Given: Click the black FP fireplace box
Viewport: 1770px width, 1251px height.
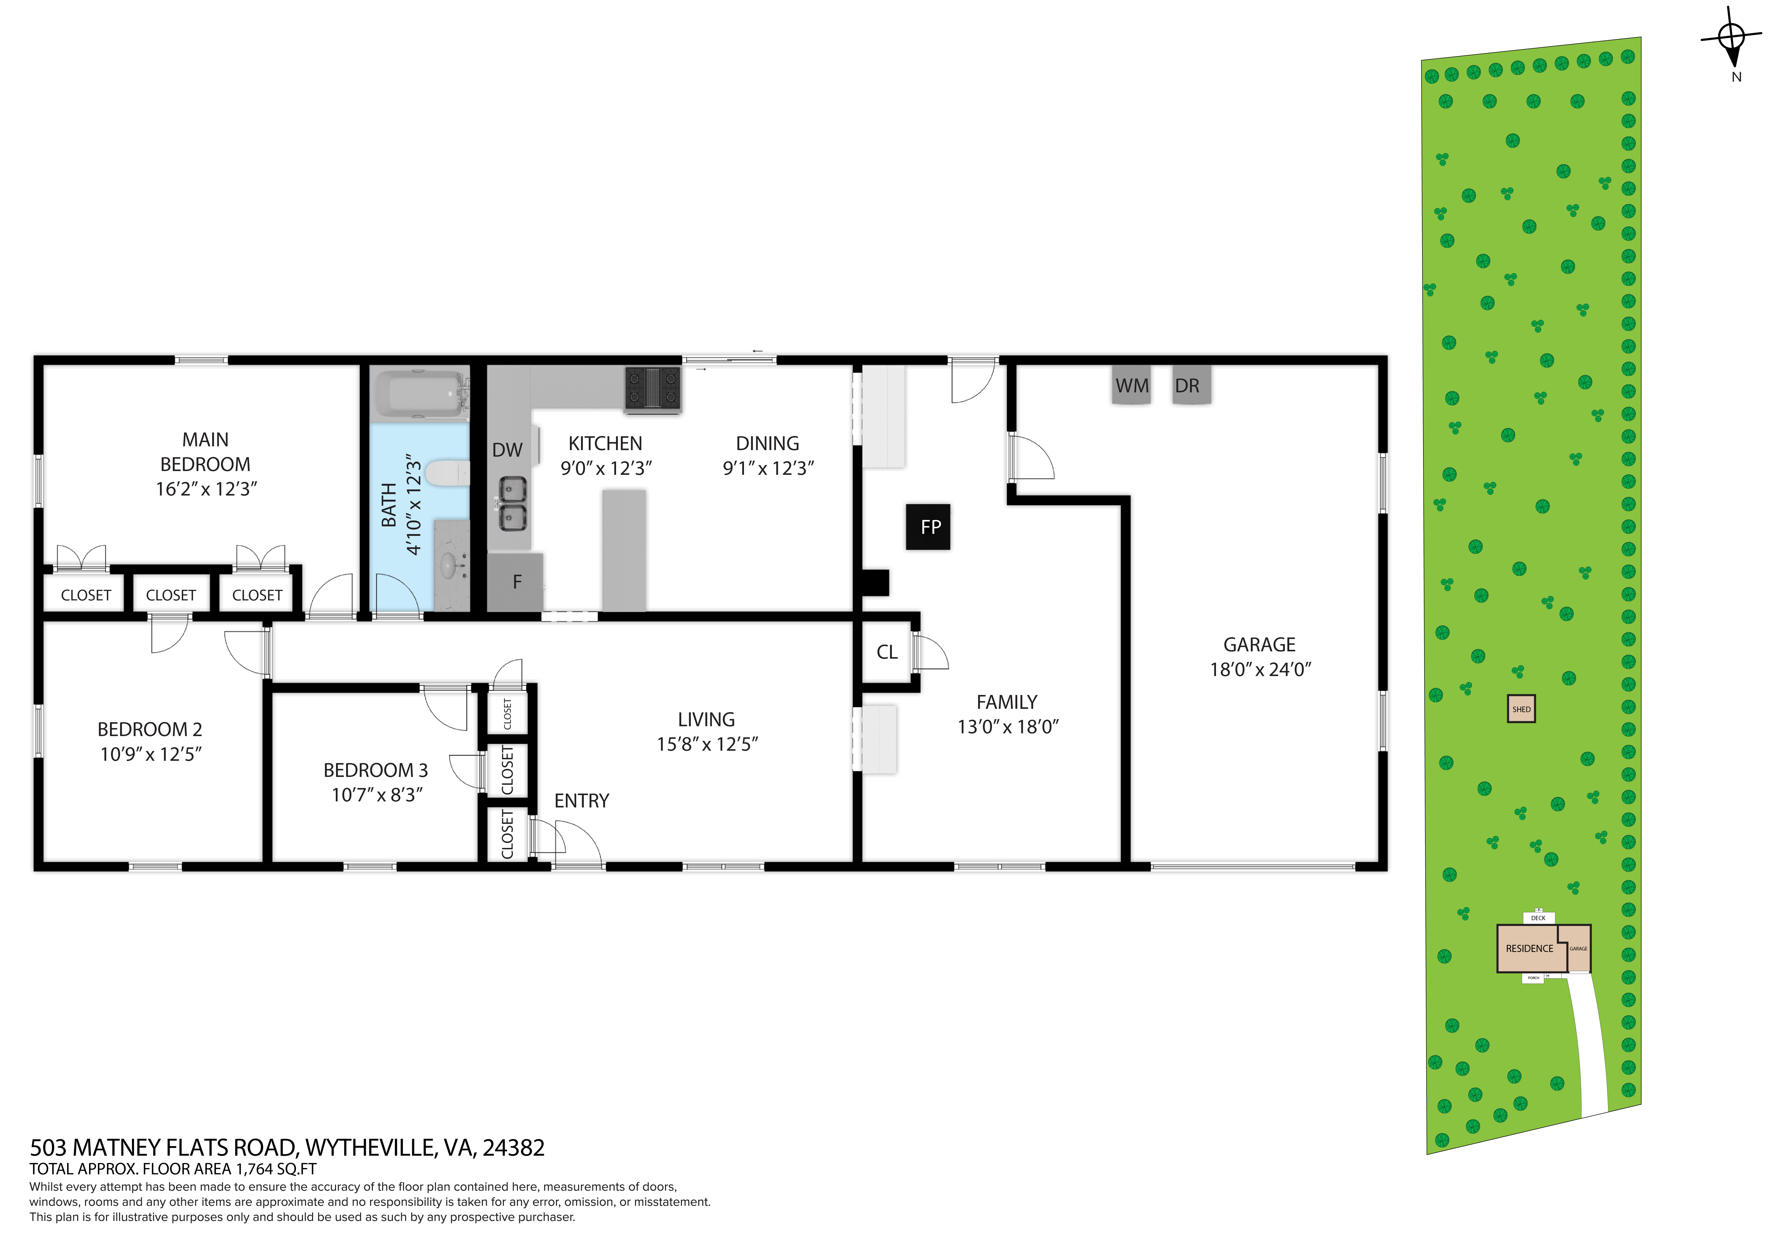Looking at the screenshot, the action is point(928,527).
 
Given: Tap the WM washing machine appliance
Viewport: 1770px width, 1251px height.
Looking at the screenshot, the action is point(1132,385).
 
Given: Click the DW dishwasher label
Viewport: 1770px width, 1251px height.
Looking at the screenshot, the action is point(507,450).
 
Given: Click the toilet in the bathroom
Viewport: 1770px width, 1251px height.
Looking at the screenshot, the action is point(448,473).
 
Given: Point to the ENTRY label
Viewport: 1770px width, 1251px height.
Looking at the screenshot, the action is point(582,801).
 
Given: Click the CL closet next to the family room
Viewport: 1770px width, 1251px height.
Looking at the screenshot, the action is point(887,652).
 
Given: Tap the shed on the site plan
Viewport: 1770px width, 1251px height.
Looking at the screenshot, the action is point(1521,709).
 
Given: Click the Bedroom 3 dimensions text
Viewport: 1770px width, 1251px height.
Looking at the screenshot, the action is point(377,795).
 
